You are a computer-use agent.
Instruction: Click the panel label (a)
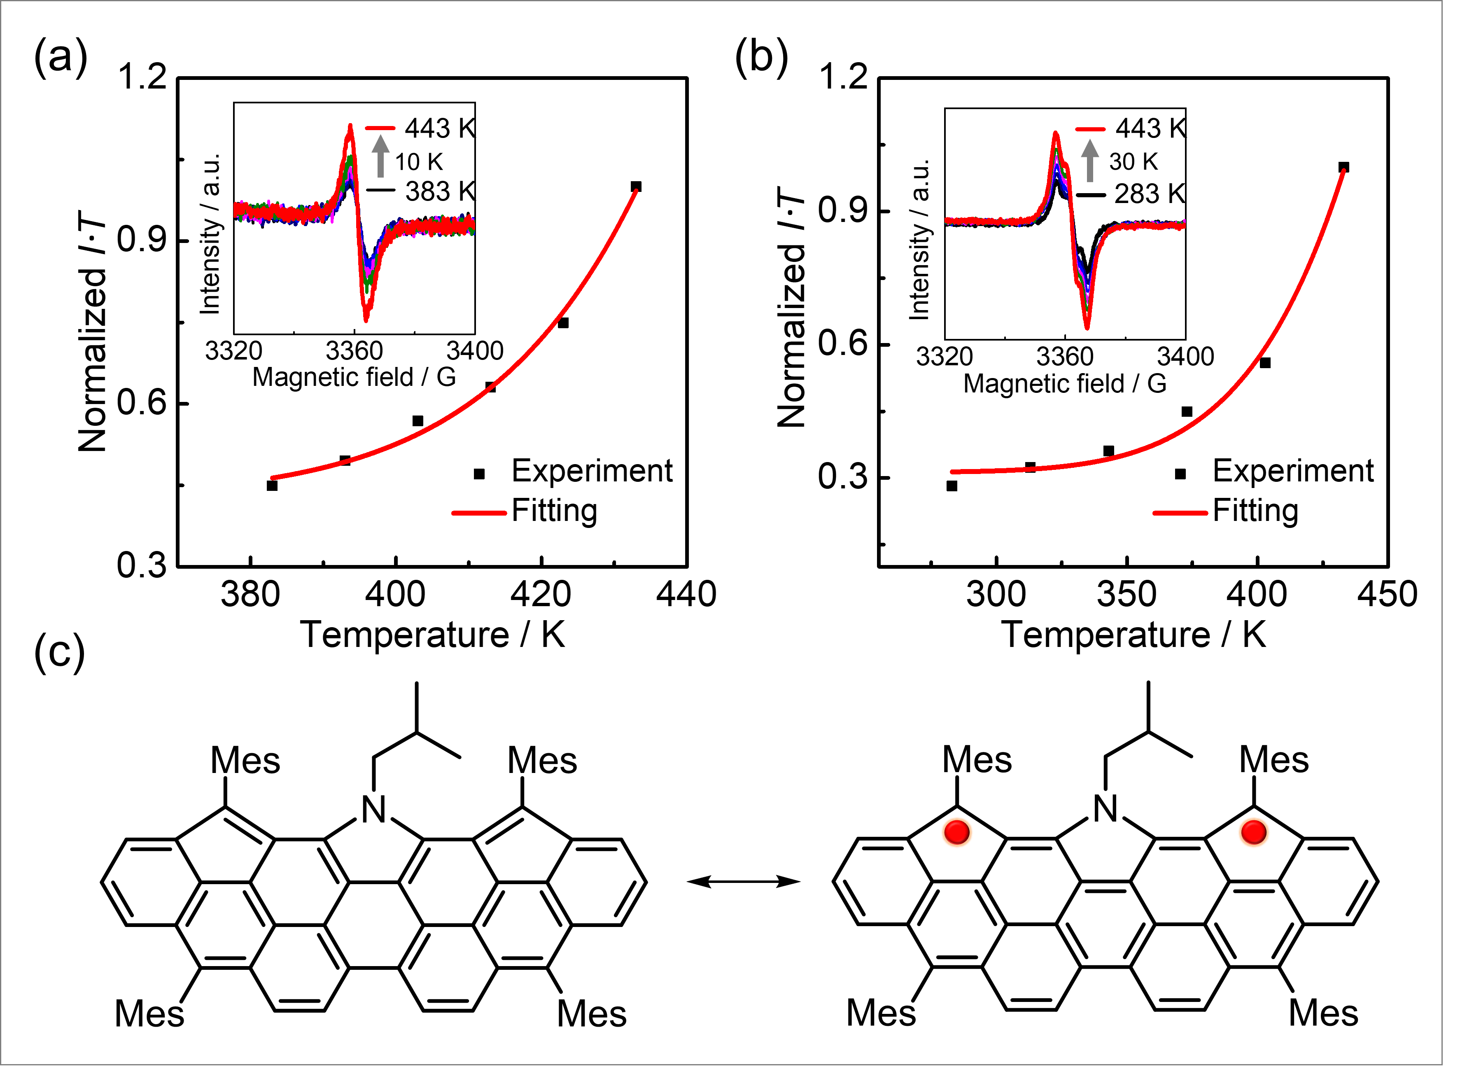[x=60, y=58]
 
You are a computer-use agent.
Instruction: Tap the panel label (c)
[x=59, y=653]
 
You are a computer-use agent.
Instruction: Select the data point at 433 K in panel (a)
[x=636, y=187]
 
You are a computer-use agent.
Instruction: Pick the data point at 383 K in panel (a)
[x=272, y=486]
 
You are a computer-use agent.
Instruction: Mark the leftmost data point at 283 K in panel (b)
[x=952, y=486]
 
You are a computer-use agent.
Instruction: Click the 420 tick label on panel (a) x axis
[x=541, y=595]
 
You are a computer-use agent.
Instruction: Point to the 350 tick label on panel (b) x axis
[x=1127, y=595]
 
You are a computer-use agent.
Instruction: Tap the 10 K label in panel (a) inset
[x=418, y=161]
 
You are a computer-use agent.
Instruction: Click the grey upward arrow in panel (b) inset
[x=1090, y=160]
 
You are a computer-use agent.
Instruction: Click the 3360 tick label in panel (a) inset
[x=354, y=351]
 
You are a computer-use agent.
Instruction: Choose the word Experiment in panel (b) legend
[x=1293, y=471]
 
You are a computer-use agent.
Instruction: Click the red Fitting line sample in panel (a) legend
[x=478, y=513]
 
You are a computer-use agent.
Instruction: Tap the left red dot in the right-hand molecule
[x=956, y=832]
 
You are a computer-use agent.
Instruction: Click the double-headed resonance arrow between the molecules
[x=743, y=881]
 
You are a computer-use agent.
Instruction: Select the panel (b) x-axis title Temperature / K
[x=1133, y=635]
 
